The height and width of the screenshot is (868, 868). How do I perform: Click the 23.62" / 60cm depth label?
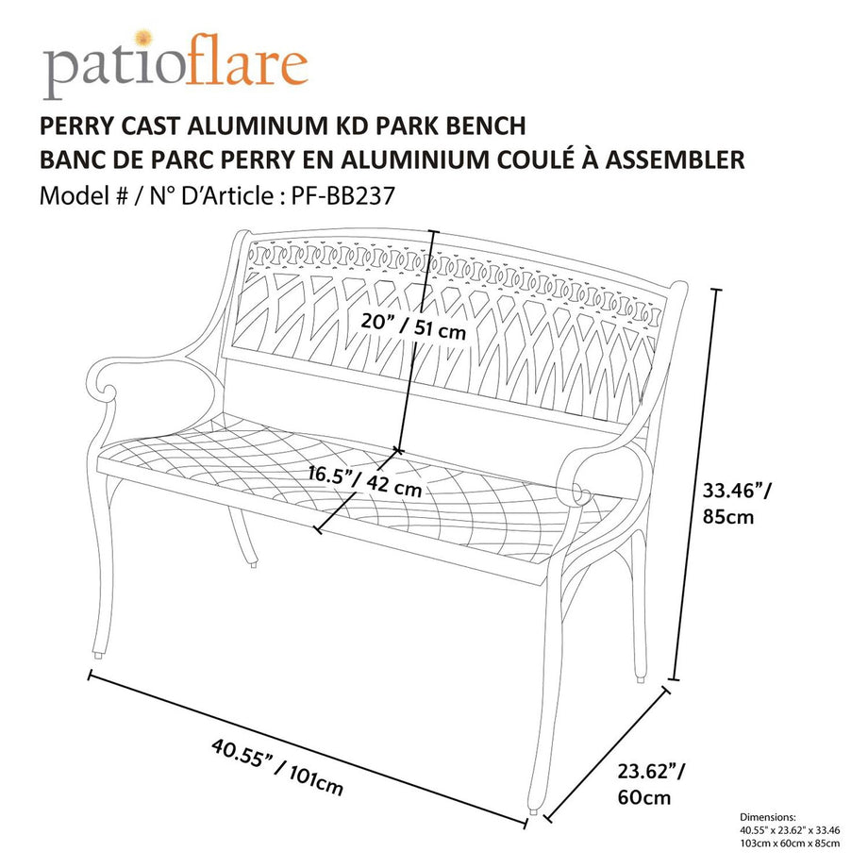[649, 784]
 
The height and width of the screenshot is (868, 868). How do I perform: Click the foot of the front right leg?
[536, 809]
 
